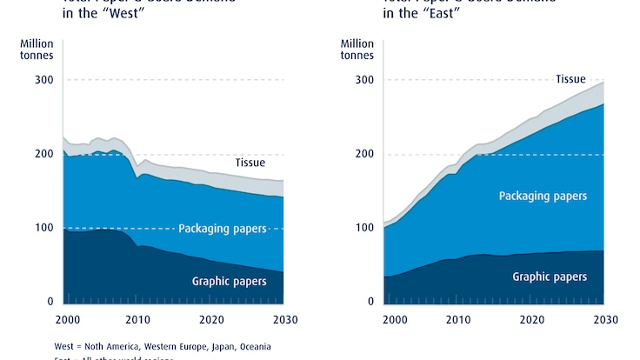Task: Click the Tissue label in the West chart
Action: click(x=250, y=163)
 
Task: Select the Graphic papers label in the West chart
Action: click(x=228, y=281)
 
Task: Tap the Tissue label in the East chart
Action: click(x=570, y=79)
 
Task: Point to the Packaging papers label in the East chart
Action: click(x=543, y=197)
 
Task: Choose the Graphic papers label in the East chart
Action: click(x=550, y=277)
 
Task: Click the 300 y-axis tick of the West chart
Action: click(x=43, y=80)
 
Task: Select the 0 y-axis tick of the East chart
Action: click(x=370, y=302)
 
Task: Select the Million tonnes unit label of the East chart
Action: click(x=357, y=50)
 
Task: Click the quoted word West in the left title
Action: click(x=109, y=16)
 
